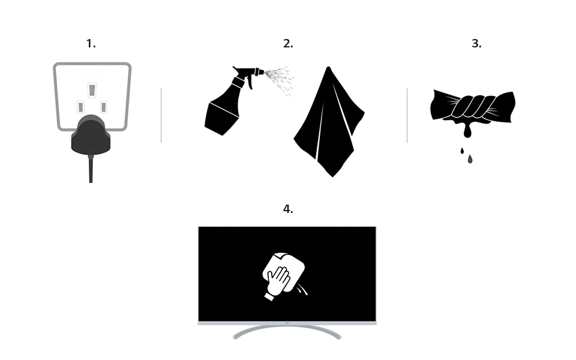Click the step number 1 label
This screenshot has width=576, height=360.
91,44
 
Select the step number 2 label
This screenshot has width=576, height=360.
288,44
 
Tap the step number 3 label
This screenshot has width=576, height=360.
476,44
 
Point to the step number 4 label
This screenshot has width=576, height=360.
288,209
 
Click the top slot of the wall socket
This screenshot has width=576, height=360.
92,90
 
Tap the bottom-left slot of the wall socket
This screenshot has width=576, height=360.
81,107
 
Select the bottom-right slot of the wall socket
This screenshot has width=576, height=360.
104,107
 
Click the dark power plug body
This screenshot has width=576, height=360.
91,135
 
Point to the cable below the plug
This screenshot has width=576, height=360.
91,169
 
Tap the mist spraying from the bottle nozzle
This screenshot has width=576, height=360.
280,80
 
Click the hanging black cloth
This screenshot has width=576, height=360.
329,122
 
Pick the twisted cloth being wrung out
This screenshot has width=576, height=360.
473,107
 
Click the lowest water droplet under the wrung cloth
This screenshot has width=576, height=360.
470,159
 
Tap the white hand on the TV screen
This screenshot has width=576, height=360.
278,281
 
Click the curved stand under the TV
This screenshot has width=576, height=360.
287,330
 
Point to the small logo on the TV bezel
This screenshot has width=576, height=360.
287,323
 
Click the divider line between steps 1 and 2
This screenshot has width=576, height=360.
161,115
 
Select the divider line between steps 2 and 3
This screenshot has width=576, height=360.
407,115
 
